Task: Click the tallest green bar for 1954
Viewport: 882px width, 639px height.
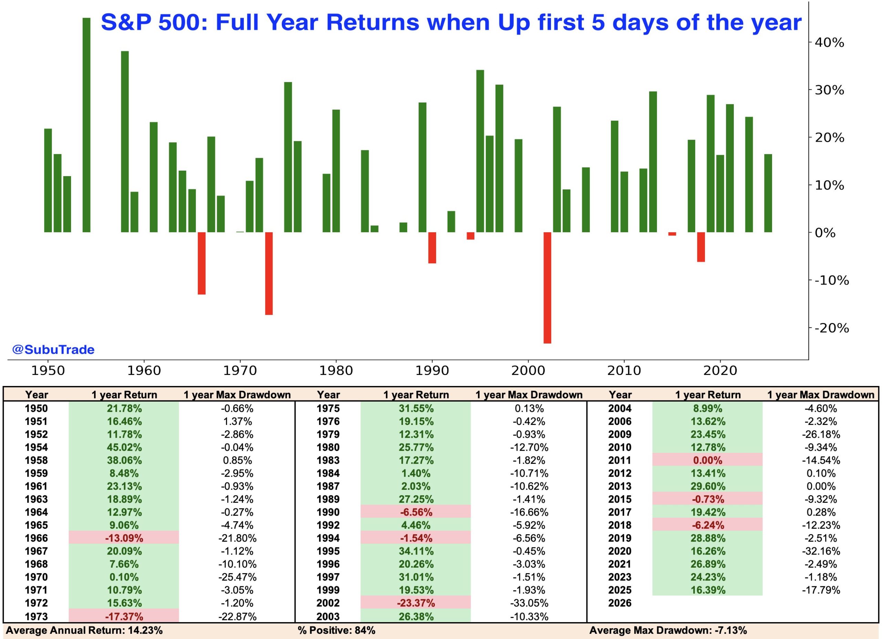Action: point(86,124)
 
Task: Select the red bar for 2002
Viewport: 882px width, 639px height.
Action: point(547,288)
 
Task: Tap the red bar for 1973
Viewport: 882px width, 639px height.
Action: point(269,273)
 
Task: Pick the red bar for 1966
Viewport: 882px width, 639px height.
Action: point(202,263)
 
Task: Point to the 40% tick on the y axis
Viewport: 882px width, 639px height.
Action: point(830,42)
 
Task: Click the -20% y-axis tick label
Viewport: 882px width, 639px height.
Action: point(831,328)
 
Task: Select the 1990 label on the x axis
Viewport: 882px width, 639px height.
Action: point(432,370)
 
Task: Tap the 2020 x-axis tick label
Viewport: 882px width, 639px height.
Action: point(720,370)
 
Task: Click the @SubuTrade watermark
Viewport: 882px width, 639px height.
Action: point(53,349)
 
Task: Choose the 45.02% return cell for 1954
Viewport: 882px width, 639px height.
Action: point(124,447)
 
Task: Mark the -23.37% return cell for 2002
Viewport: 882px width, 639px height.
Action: point(416,603)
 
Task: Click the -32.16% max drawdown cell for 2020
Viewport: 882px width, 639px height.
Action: point(821,551)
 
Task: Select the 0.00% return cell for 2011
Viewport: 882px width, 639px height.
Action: point(707,460)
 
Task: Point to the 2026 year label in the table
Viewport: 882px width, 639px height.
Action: point(620,603)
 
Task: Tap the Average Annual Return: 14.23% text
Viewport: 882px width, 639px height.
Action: point(84,630)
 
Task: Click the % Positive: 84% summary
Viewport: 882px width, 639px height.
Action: point(336,630)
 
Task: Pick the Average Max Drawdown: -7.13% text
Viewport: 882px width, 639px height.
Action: point(668,630)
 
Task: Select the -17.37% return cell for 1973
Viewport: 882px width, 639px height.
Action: point(124,617)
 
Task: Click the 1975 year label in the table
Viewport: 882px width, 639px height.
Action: point(328,408)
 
